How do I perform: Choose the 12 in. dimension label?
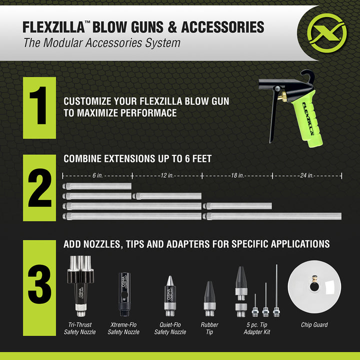(x=167, y=175)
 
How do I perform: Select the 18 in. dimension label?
(x=237, y=175)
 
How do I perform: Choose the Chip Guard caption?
(x=314, y=325)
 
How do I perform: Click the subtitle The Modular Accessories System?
(x=102, y=42)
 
